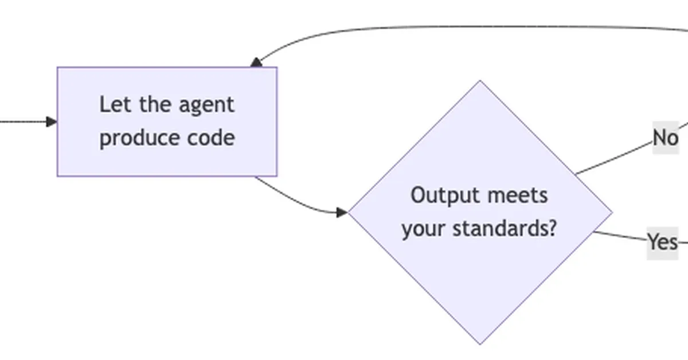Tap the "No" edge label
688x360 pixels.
point(665,138)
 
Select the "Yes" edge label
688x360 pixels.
point(662,242)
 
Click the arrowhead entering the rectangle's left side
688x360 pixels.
point(52,122)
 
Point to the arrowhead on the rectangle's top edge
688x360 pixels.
point(256,62)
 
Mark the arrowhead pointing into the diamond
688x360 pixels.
point(342,213)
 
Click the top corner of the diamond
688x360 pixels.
point(480,81)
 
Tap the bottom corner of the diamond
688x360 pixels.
point(480,344)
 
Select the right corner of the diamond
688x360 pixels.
point(612,213)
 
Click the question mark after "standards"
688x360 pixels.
point(552,229)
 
